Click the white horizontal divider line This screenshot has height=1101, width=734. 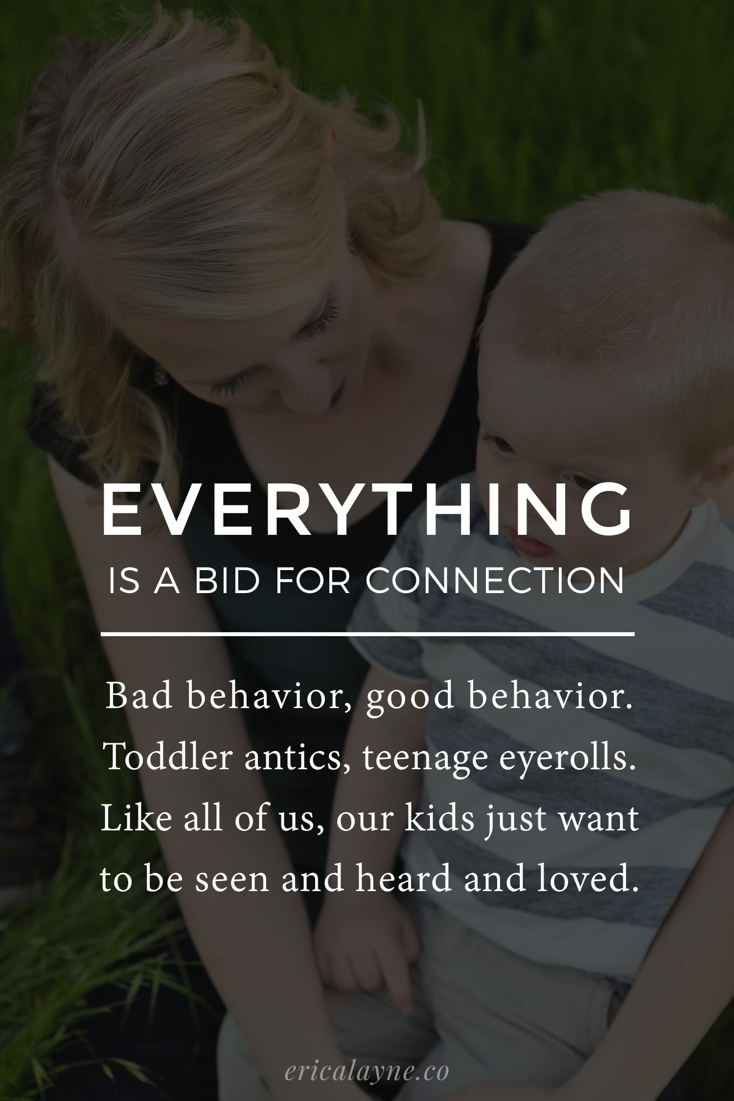367,634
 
